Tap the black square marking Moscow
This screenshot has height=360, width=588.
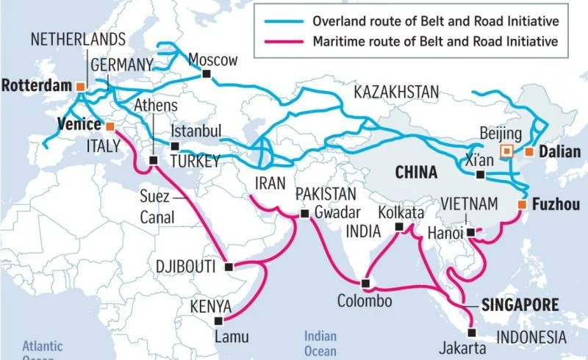[208, 74]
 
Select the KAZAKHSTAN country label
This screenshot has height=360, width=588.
[396, 92]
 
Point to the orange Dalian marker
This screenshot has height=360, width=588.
[528, 152]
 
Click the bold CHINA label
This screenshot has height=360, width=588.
[415, 173]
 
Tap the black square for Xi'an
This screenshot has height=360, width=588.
[480, 175]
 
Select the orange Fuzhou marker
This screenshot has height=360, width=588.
[521, 204]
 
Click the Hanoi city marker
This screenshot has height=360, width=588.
[470, 233]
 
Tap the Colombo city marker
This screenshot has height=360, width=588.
[365, 283]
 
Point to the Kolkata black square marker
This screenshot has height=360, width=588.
[398, 228]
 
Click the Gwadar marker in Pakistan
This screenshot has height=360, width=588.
[304, 214]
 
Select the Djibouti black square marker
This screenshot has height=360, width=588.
[229, 266]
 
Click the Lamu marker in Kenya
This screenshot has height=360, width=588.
[217, 321]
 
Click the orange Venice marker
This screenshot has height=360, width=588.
[110, 125]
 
